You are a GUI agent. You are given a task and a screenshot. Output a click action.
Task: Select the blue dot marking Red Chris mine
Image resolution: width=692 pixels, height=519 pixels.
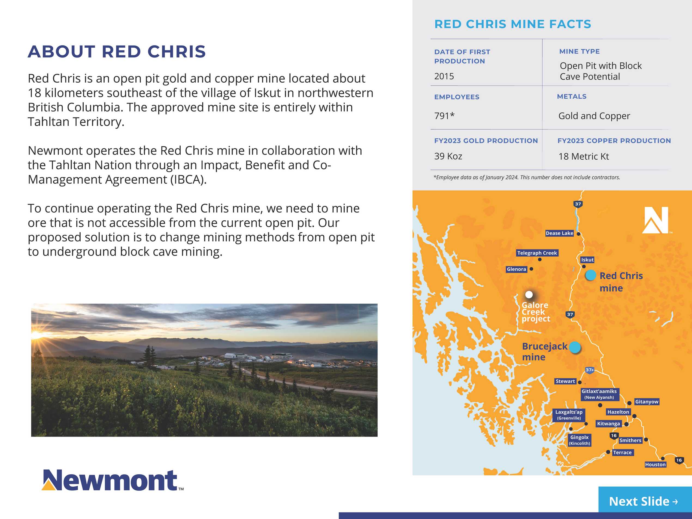[590, 275]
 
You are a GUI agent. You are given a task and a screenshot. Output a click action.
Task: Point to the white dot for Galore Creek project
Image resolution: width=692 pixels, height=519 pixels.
[529, 295]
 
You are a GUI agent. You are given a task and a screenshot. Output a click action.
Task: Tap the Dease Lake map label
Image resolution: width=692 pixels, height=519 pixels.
[559, 233]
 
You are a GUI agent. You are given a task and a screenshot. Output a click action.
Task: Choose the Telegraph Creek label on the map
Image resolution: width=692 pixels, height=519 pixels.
[537, 253]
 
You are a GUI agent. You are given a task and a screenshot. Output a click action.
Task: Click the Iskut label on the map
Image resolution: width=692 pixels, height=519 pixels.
[587, 260]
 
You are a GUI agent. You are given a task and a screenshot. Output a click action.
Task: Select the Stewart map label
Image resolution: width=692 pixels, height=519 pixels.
[565, 381]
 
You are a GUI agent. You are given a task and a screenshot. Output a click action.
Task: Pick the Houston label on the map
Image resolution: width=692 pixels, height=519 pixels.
[655, 465]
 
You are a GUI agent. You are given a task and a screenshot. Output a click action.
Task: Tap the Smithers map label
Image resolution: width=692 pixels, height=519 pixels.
[630, 440]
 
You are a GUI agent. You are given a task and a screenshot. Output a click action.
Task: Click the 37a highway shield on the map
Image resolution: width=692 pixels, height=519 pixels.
[589, 370]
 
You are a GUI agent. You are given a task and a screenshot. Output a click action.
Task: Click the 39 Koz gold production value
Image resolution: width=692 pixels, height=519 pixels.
[448, 156]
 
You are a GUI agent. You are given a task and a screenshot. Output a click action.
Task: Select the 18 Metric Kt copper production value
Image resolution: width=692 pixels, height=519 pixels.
[584, 156]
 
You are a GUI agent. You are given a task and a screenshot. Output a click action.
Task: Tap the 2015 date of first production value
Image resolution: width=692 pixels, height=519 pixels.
[444, 76]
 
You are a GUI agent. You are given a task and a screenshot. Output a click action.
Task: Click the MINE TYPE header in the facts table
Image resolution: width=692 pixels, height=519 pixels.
[579, 51]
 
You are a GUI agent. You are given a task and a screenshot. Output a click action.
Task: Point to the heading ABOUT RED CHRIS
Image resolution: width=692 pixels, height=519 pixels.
[117, 51]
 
